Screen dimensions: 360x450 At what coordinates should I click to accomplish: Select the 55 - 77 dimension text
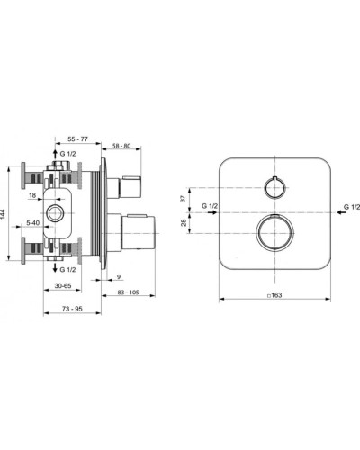click(77, 139)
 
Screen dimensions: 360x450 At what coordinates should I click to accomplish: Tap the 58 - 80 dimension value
click(121, 146)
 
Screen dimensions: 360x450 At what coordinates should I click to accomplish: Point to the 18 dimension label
click(32, 195)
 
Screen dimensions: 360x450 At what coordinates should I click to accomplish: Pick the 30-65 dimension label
click(63, 285)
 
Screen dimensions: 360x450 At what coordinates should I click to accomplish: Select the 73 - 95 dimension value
click(72, 309)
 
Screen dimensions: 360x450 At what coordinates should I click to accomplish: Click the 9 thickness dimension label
click(119, 276)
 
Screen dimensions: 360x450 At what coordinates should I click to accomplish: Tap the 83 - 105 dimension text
click(128, 292)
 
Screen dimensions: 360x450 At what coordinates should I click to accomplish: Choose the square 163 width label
click(274, 295)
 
